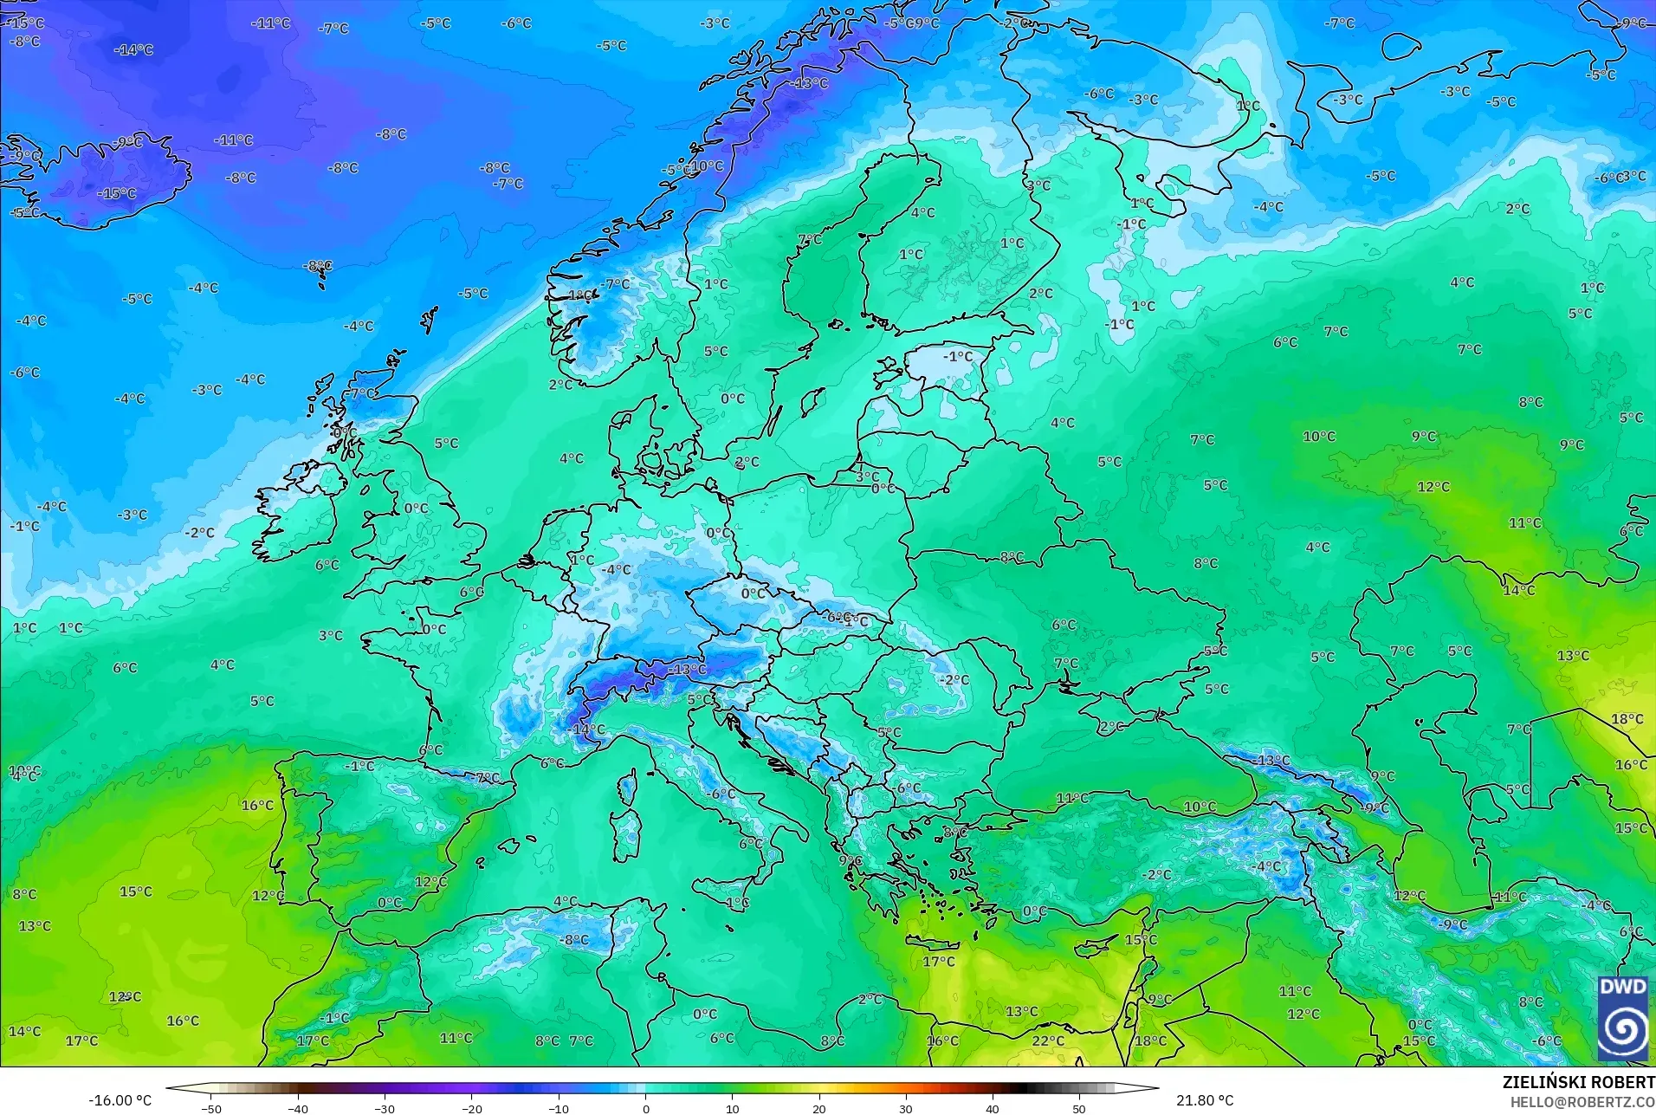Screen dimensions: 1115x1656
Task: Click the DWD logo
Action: [1623, 1018]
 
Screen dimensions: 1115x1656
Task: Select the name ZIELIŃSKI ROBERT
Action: [1578, 1083]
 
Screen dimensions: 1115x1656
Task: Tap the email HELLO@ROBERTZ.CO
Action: [1582, 1102]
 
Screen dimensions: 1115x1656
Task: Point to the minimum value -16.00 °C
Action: [120, 1100]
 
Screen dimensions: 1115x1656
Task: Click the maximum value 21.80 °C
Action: [1204, 1100]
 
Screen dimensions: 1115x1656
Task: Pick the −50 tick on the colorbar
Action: [211, 1108]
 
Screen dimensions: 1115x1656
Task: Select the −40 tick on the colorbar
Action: [298, 1108]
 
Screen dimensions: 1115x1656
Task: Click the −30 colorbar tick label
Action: [385, 1108]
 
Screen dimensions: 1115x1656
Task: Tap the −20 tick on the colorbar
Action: [471, 1108]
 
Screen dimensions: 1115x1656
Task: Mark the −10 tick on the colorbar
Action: [559, 1108]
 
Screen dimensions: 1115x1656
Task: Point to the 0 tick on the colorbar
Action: [645, 1108]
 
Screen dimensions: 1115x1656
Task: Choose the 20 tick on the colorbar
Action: [819, 1108]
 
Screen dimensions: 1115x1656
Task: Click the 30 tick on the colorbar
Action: [906, 1108]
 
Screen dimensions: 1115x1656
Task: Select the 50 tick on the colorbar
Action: [1079, 1108]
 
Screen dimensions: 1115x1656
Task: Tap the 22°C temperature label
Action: [1047, 1040]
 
